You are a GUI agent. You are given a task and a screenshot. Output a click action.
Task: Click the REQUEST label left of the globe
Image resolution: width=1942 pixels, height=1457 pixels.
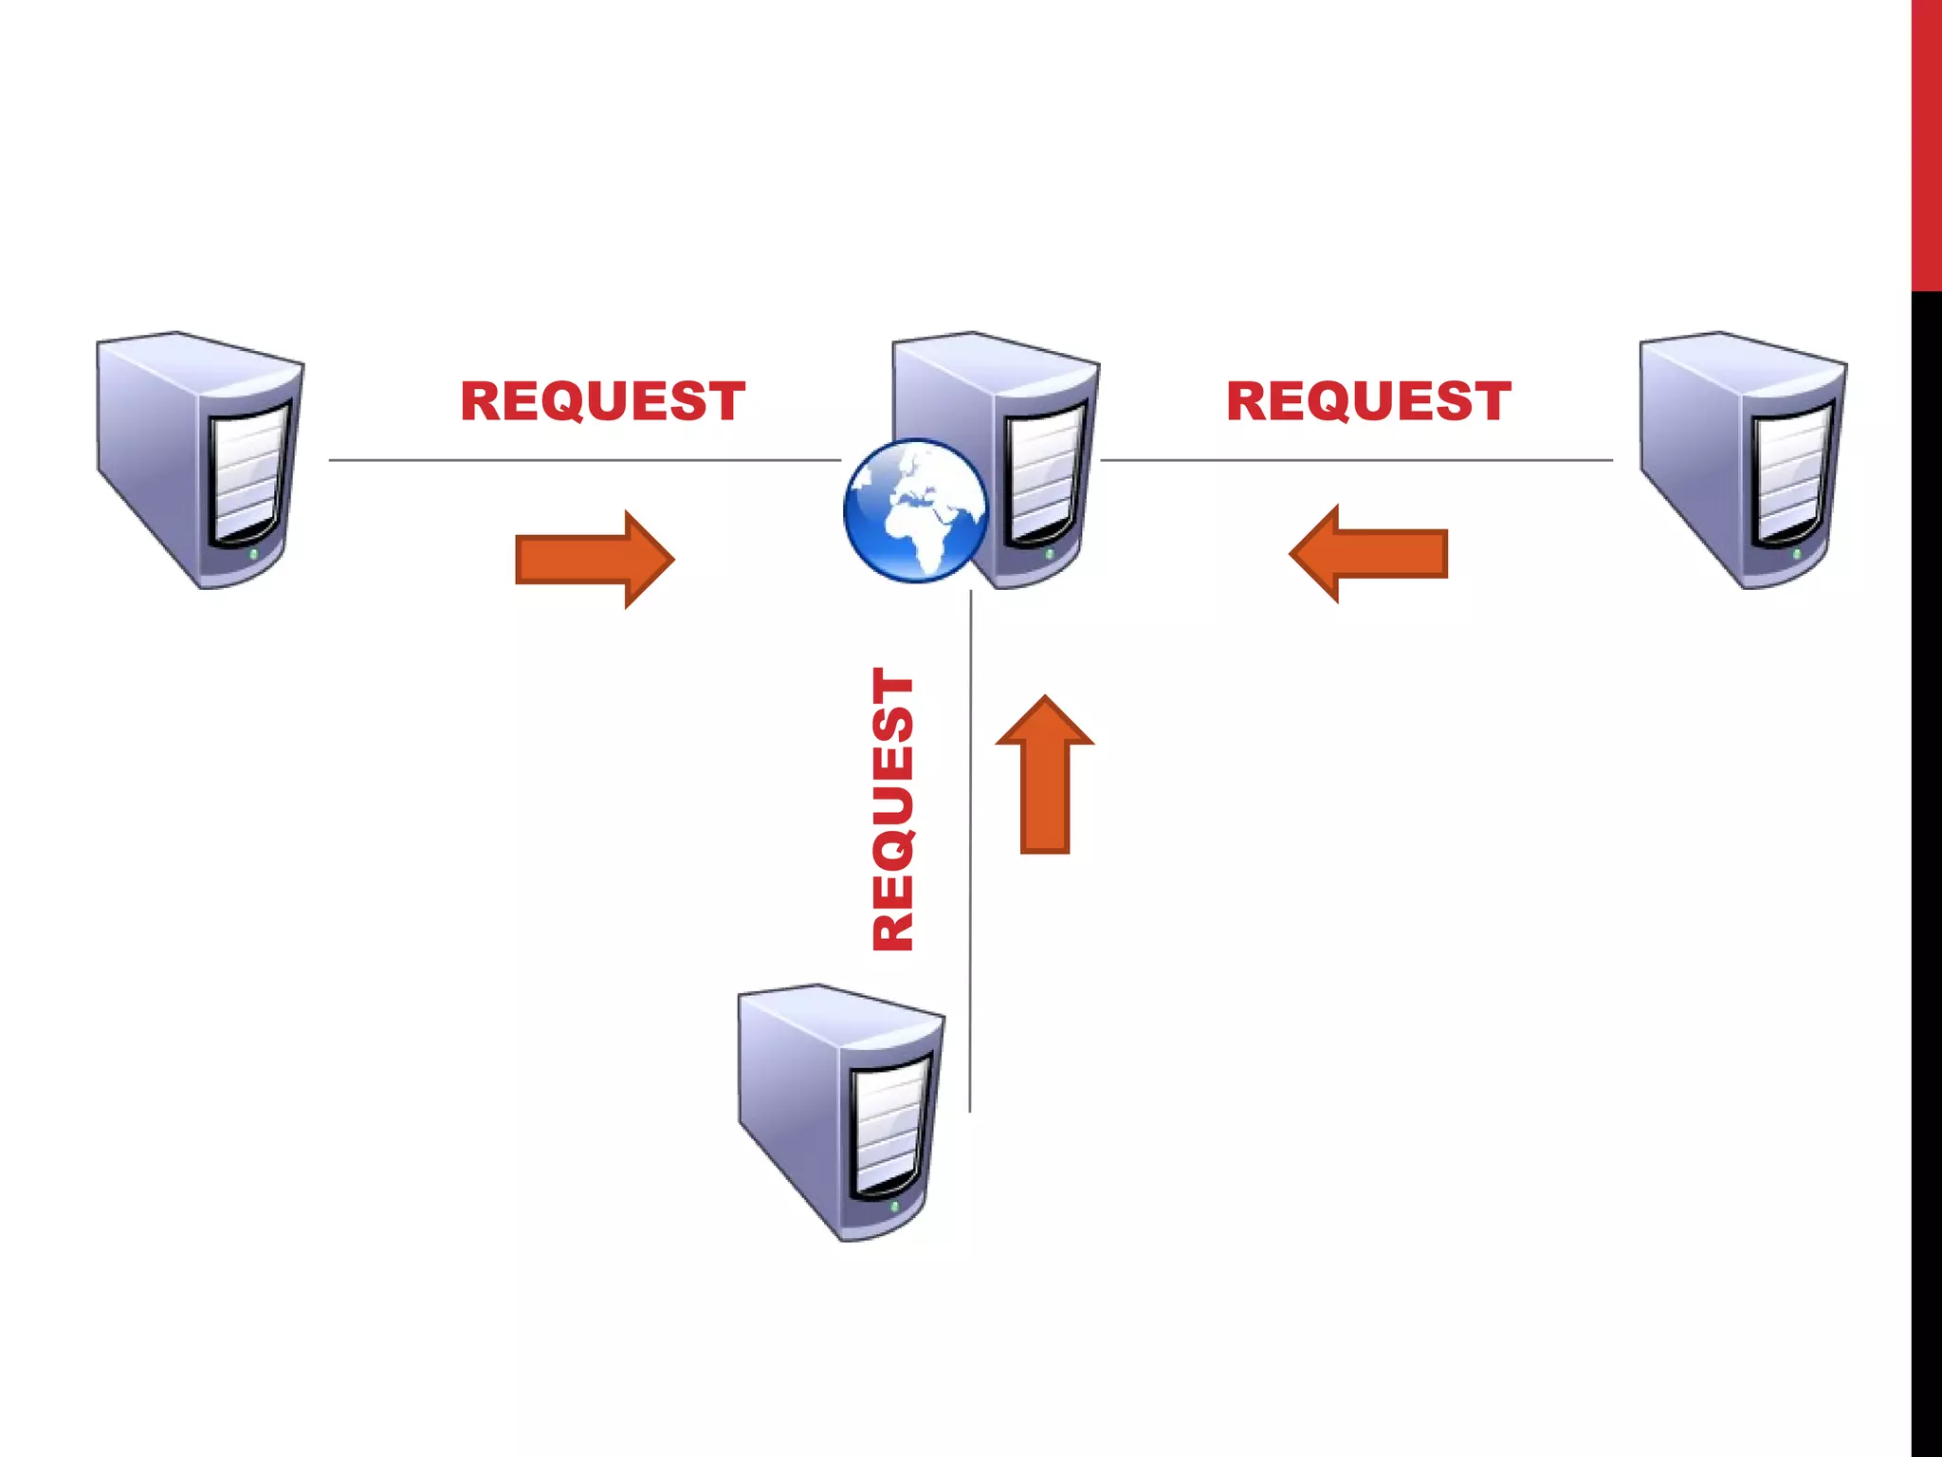(x=602, y=401)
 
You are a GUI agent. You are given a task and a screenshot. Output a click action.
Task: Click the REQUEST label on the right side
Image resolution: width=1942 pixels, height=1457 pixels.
(x=1368, y=401)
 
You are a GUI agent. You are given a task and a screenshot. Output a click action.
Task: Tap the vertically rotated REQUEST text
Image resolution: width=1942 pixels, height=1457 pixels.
(x=893, y=809)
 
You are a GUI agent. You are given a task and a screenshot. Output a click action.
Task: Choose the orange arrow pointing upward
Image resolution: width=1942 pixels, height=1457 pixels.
(x=1045, y=775)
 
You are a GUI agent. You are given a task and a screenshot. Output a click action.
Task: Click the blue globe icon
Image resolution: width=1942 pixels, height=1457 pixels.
(x=915, y=509)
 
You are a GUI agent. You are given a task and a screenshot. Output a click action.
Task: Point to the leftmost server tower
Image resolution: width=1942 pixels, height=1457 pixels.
(x=200, y=460)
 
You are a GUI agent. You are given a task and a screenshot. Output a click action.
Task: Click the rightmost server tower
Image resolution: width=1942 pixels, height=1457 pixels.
(x=1743, y=460)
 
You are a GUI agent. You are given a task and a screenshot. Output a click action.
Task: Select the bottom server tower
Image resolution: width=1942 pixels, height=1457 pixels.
(x=841, y=1112)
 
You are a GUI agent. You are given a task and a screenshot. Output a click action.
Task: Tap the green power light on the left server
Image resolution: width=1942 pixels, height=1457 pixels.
(x=253, y=553)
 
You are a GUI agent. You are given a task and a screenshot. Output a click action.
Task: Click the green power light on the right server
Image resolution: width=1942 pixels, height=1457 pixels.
(x=1796, y=553)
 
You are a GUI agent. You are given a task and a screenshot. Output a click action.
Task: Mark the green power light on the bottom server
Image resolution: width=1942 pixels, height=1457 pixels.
(x=894, y=1206)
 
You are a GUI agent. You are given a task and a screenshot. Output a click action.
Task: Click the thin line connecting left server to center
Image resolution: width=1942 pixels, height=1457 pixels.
(x=583, y=460)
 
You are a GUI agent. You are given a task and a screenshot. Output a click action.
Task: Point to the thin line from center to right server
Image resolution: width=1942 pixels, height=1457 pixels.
(x=1356, y=460)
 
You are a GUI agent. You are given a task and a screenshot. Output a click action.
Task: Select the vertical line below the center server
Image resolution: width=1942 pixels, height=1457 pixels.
(x=970, y=854)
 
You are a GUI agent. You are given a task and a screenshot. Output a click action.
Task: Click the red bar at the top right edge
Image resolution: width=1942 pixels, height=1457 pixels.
(x=1926, y=142)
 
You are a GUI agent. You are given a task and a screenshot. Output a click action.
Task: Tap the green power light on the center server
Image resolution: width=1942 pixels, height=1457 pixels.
(x=1049, y=553)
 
